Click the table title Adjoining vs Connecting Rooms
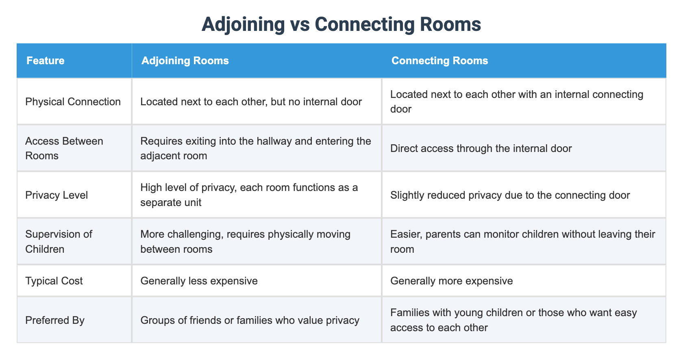[x=341, y=24]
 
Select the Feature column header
[x=46, y=61]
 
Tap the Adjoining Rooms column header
[x=185, y=61]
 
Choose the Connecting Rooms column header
[x=439, y=61]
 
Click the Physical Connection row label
[x=73, y=102]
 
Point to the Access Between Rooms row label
[x=64, y=148]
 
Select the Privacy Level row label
[x=57, y=195]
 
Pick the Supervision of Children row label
[x=59, y=241]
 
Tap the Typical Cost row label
[x=54, y=281]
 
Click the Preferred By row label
[x=55, y=320]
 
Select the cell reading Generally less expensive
[x=199, y=281]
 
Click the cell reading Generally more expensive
[x=451, y=281]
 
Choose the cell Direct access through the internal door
[x=481, y=148]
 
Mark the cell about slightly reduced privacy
[x=510, y=195]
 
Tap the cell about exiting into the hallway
[x=256, y=148]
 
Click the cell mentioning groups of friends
[x=250, y=320]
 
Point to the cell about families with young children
[x=513, y=320]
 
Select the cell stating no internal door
[x=251, y=102]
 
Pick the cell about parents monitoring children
[x=522, y=241]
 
